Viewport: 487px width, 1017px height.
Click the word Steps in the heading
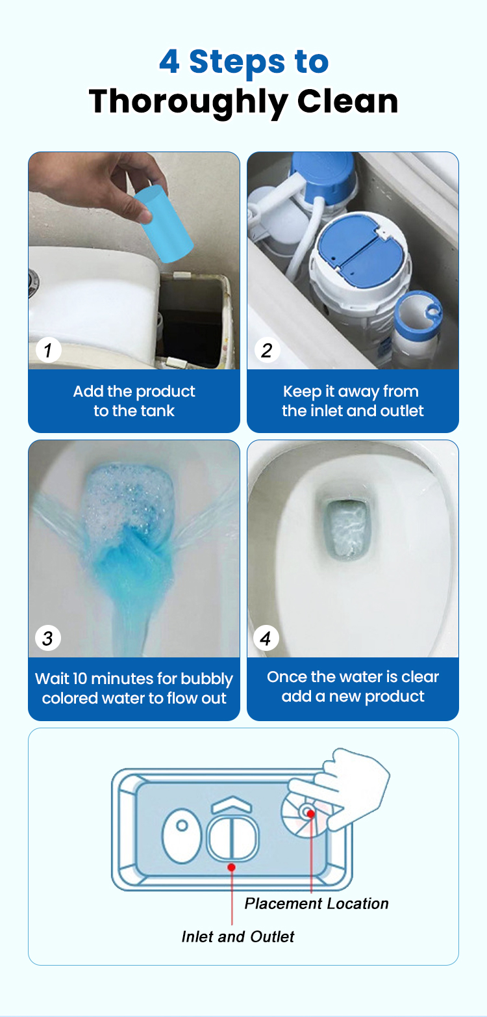click(x=237, y=62)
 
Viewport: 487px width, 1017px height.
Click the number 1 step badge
click(x=48, y=350)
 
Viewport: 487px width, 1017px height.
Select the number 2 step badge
click(x=267, y=350)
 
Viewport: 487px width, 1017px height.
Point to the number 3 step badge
click(x=47, y=638)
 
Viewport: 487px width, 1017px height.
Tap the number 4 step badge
click(x=266, y=638)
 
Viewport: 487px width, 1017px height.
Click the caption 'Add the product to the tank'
click(x=134, y=401)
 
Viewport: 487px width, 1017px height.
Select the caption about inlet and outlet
click(x=353, y=401)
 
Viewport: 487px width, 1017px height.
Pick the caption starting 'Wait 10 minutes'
click(x=134, y=688)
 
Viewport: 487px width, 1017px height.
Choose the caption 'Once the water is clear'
click(x=353, y=687)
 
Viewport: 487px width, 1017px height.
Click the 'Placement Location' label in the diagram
click(x=316, y=903)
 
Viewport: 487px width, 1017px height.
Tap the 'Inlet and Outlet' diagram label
click(x=238, y=936)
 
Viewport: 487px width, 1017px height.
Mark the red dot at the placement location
click(x=311, y=813)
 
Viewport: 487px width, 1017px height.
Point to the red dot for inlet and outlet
click(x=232, y=867)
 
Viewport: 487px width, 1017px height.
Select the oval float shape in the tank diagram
click(x=182, y=835)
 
